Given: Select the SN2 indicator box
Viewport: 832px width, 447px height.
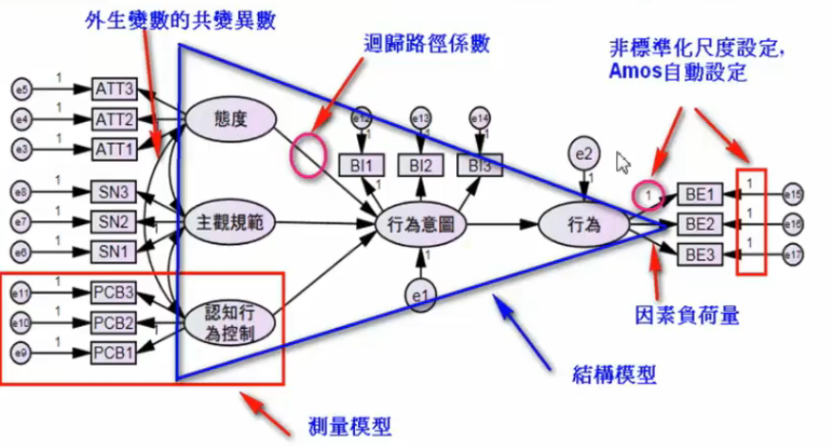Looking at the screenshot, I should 115,222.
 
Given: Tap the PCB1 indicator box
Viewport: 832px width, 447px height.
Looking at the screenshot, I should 115,353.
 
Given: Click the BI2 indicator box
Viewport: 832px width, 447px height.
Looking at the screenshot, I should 421,165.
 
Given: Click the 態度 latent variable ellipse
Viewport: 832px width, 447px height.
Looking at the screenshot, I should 230,119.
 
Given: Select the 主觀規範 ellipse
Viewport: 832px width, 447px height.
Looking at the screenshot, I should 230,223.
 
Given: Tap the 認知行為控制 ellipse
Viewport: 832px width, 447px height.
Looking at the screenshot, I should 230,324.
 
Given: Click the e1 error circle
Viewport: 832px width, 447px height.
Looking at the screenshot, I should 420,297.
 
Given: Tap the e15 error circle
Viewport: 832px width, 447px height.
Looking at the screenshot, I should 793,196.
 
